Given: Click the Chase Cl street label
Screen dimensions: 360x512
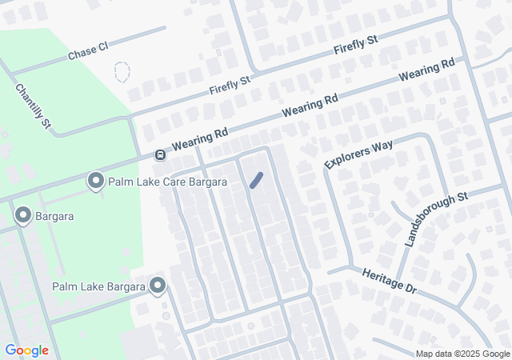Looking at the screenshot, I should tap(87, 51).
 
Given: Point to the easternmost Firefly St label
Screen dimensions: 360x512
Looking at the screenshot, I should tap(356, 46).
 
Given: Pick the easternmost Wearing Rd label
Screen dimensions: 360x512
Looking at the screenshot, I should tap(427, 71).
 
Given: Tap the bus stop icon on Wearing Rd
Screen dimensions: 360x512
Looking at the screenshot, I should tap(160, 154).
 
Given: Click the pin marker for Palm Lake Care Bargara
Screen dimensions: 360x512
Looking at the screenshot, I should tap(96, 182).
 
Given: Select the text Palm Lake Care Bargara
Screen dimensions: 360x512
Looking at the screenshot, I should tap(169, 182).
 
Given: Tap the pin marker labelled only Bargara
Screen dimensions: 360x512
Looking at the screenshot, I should tap(22, 215).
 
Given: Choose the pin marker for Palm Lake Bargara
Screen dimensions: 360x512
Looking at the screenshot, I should tap(157, 286).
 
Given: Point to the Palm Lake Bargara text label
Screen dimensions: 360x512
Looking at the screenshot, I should tap(98, 286).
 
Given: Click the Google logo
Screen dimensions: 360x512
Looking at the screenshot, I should tap(26, 350).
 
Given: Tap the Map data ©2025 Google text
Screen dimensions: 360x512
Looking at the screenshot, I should tap(462, 354).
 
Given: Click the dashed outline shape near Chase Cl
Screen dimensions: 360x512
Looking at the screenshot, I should tap(122, 72).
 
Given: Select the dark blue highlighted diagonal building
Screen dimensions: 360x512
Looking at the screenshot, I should tap(257, 181).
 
